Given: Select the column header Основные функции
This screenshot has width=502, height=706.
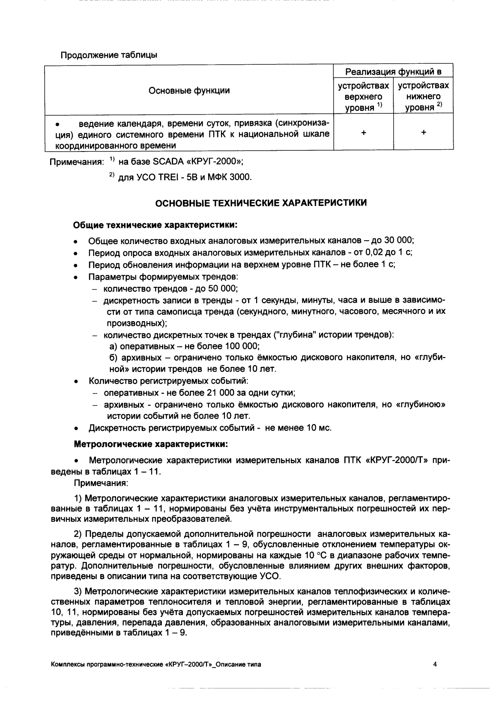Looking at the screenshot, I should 189,90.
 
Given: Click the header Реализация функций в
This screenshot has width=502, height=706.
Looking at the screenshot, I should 393,71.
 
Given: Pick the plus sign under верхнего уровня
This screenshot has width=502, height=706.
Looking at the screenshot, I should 364,133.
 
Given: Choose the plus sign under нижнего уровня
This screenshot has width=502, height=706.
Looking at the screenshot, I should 424,133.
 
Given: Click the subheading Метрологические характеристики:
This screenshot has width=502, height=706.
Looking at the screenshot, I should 151,444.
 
